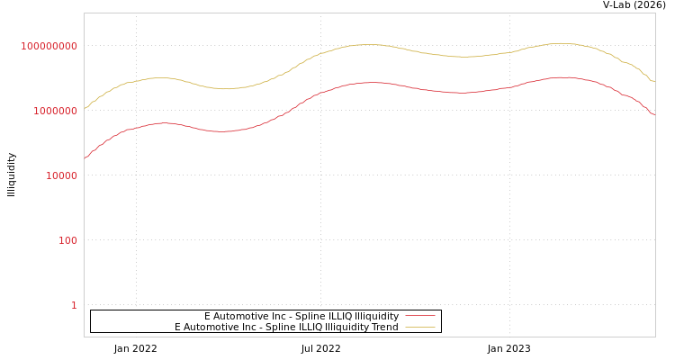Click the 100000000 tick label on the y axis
point(49,46)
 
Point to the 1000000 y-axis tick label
point(56,111)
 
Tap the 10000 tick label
point(62,175)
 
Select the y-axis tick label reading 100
point(68,240)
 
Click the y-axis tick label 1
point(74,305)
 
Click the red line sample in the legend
point(420,316)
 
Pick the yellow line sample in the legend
point(420,327)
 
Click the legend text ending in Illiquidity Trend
point(286,327)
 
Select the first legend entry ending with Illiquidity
point(301,316)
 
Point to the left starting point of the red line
point(85,158)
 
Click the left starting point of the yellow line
point(85,107)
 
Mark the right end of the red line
point(654,114)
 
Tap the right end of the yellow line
point(654,82)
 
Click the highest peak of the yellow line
point(560,43)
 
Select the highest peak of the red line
point(561,77)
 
